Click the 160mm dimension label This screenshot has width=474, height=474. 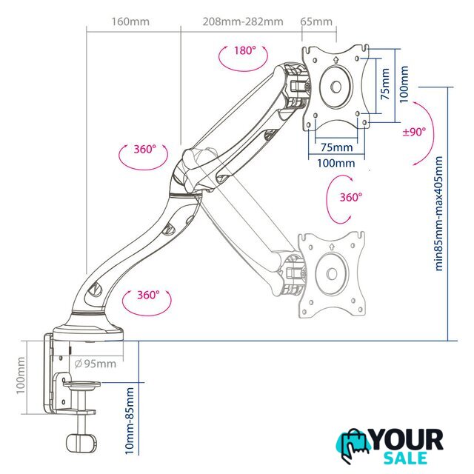[x=130, y=21]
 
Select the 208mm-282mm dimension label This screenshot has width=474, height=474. [x=243, y=21]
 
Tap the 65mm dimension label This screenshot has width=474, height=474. [x=316, y=21]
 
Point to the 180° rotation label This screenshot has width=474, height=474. [x=245, y=50]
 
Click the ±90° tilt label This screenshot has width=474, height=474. [x=414, y=132]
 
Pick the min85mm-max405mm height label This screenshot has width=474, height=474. [x=438, y=213]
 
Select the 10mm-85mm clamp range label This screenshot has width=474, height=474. [x=130, y=421]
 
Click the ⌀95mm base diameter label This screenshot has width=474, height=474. [x=96, y=364]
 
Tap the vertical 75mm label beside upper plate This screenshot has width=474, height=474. [x=385, y=84]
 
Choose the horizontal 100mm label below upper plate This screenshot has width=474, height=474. [x=336, y=163]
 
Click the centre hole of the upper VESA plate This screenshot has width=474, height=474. [x=336, y=87]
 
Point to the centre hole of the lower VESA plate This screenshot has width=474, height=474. [x=332, y=274]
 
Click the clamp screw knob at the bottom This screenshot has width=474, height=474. [x=81, y=444]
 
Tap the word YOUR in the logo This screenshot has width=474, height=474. [x=407, y=440]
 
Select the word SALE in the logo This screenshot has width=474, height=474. [x=405, y=458]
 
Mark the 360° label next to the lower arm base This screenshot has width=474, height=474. [x=148, y=295]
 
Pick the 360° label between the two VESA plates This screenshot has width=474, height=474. [x=350, y=198]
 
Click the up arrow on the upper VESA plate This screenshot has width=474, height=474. [x=336, y=60]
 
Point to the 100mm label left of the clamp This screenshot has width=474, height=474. [x=21, y=375]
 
